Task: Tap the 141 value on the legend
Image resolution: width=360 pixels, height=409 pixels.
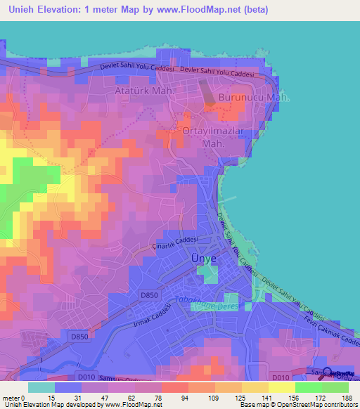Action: tap(255, 398)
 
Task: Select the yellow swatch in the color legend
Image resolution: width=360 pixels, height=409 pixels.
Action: tap(282, 387)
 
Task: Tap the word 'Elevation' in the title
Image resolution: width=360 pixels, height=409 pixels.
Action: tap(68, 9)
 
